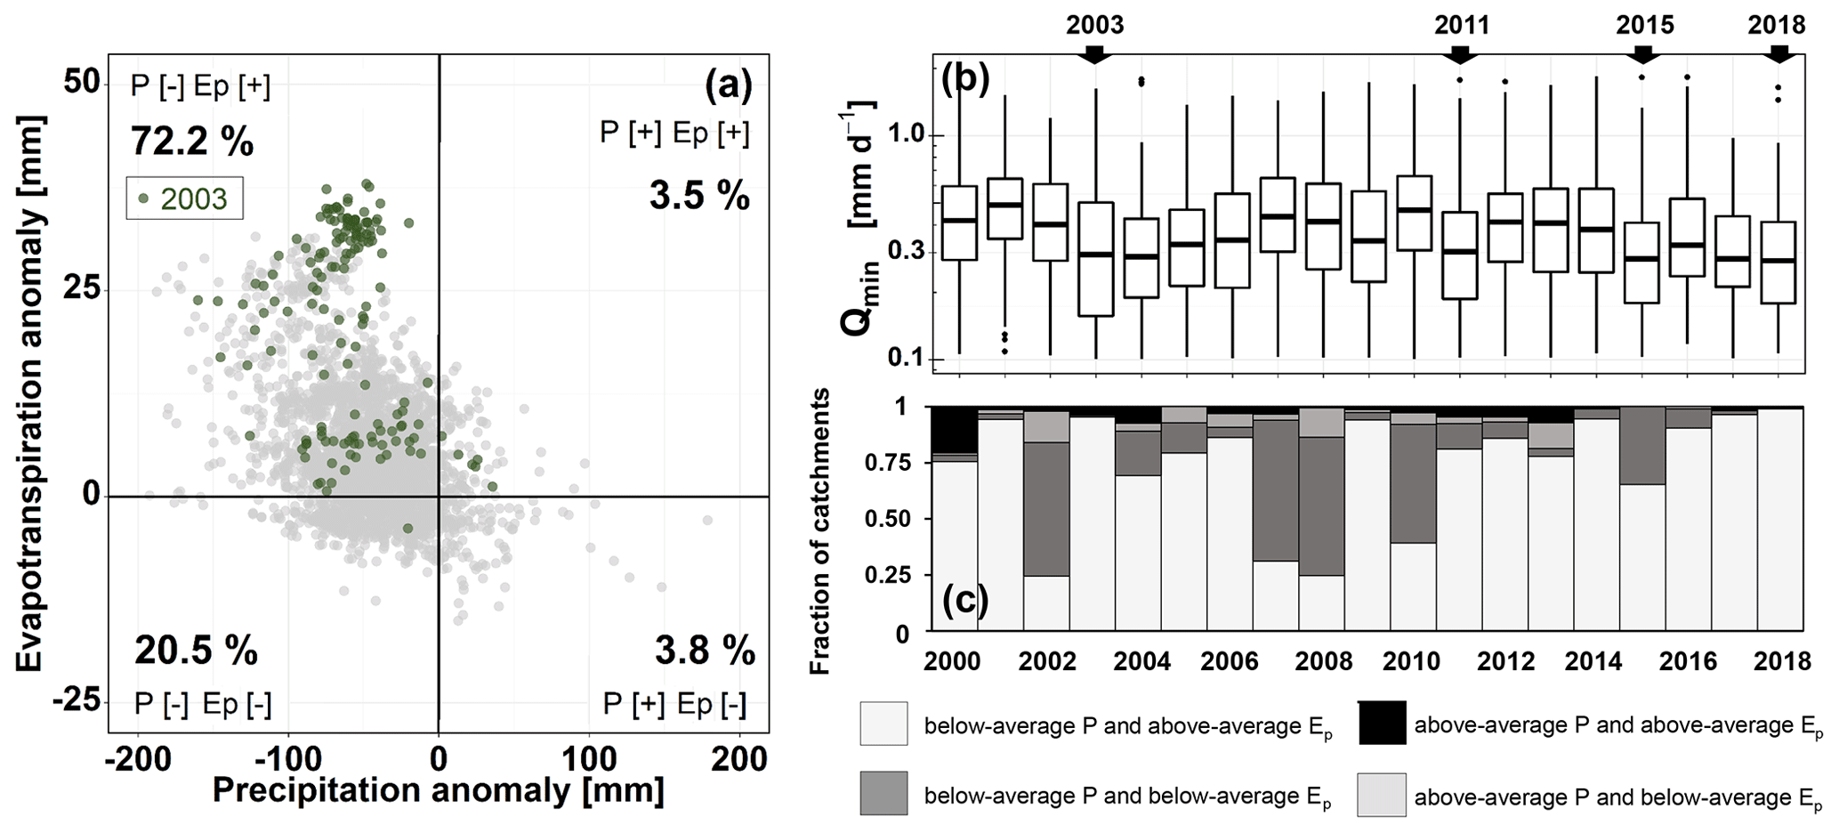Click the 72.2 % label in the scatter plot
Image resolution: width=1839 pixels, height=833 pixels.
point(192,141)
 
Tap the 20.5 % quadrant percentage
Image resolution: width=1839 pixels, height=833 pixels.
point(196,651)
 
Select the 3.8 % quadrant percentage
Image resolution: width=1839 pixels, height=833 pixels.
point(705,651)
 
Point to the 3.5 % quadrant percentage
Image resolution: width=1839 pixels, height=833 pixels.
point(699,195)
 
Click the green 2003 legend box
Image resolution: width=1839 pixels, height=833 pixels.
point(184,198)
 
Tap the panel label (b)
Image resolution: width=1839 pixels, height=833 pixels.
point(965,79)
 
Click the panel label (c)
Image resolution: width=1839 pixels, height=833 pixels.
point(965,601)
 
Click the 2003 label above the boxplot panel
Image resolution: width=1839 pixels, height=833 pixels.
point(1094,25)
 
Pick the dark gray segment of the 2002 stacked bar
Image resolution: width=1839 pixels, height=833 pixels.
point(1046,509)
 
